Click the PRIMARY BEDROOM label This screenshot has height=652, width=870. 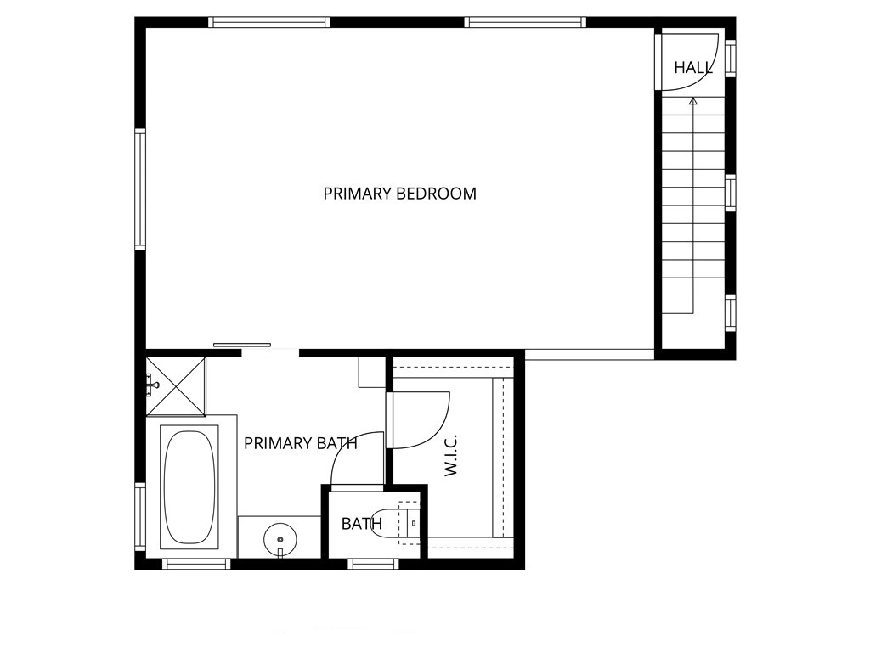tap(399, 194)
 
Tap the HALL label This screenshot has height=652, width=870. tap(693, 68)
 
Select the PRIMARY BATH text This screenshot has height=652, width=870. tap(300, 443)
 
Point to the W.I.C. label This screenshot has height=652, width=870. tap(451, 455)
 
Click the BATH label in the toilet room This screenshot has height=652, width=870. tap(361, 524)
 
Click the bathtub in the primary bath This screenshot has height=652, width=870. tap(189, 486)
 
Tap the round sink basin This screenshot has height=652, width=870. tap(280, 537)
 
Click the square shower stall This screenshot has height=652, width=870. tap(176, 386)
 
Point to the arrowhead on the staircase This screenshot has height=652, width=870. tap(692, 102)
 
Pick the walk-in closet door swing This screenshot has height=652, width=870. tap(421, 419)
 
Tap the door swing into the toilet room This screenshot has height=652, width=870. tap(354, 462)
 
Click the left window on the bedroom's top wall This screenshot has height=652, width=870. tap(269, 22)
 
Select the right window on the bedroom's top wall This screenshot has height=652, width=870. tap(524, 22)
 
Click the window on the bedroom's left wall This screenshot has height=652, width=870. tap(140, 188)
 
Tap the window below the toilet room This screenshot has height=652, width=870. tap(374, 563)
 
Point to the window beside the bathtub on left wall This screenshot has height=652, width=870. tap(140, 516)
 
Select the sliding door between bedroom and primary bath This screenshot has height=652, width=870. tap(242, 345)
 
